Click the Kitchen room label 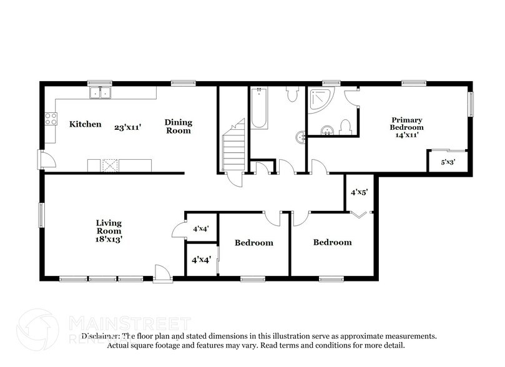click(85, 124)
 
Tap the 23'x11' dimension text click(127, 126)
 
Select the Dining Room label click(178, 126)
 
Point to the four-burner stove click(50, 118)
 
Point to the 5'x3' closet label click(448, 162)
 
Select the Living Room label click(109, 227)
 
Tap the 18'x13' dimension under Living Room click(109, 238)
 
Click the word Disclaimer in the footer click(100, 336)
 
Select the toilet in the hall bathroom click(292, 94)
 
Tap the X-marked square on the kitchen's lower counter click(110, 165)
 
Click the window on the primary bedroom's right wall click(471, 103)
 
